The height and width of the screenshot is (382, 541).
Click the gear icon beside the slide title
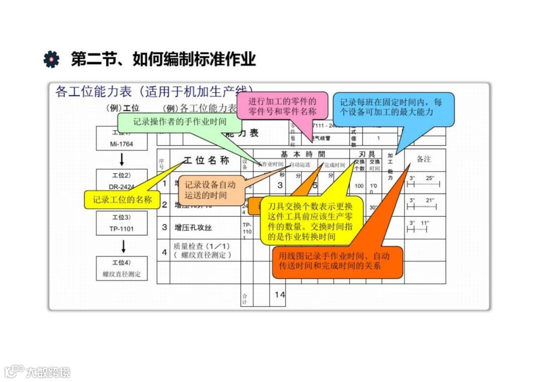pos(51,59)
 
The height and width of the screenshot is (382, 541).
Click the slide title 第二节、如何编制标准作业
pos(163,59)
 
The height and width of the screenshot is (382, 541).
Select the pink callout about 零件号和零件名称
pos(282,106)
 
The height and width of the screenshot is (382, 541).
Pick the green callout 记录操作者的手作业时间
pos(179,122)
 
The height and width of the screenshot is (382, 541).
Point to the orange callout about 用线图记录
pos(337,261)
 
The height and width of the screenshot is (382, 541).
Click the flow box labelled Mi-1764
pos(122,139)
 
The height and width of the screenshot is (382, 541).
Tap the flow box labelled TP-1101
pos(122,223)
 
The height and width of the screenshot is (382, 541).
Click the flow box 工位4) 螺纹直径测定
pos(122,268)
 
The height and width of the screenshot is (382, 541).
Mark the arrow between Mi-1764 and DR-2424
pos(122,160)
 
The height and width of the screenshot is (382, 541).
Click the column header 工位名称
pos(206,160)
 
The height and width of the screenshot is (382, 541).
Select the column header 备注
pos(424,159)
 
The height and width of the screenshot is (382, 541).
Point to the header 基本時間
pos(302,154)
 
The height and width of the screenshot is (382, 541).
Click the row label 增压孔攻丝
pos(193,227)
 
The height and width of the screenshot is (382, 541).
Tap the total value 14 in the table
pos(279,295)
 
